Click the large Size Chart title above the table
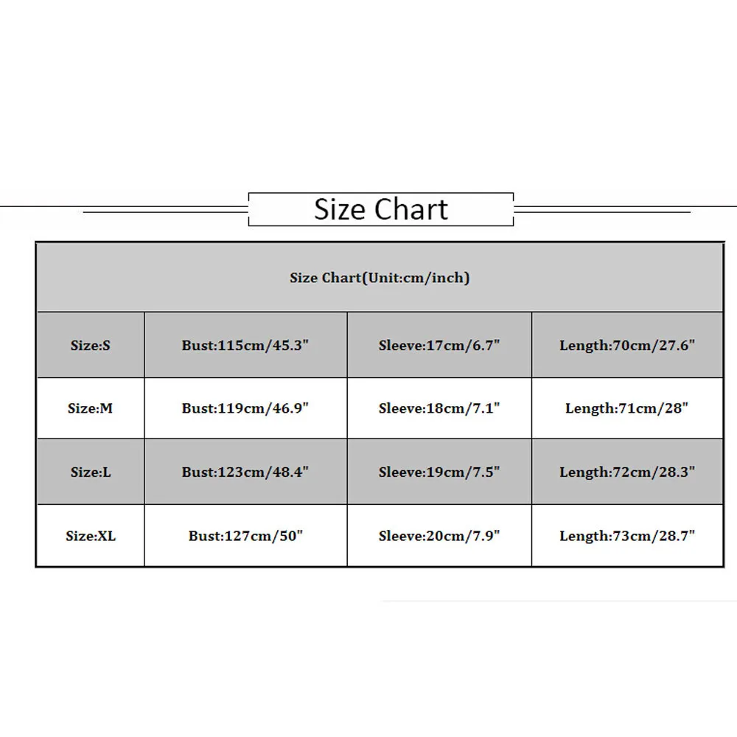point(381,209)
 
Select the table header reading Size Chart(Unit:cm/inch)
point(380,278)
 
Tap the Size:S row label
point(91,345)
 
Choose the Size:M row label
point(91,408)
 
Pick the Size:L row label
point(91,472)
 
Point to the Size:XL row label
point(91,536)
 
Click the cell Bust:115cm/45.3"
point(245,345)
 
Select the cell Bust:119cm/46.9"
point(245,408)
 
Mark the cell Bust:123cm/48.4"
point(245,472)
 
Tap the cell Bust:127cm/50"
point(245,536)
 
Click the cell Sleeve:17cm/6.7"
point(439,345)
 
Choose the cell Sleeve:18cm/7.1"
point(439,408)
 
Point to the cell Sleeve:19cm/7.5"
point(439,472)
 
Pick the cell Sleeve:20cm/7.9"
point(439,536)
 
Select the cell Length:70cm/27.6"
point(627,345)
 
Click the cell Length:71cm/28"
point(627,408)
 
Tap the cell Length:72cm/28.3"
point(627,472)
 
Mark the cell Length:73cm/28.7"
point(627,536)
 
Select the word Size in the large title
point(340,209)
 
